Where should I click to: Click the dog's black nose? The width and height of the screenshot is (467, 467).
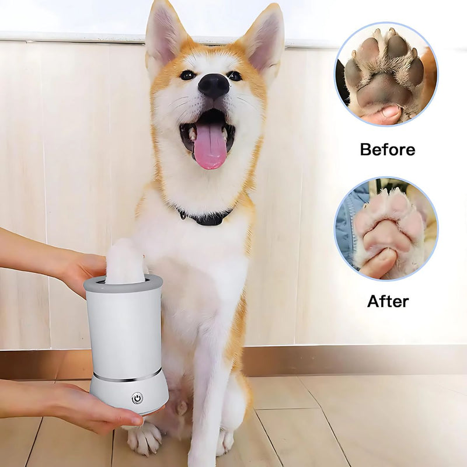point(214,85)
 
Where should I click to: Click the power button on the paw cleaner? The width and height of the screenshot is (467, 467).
point(137,398)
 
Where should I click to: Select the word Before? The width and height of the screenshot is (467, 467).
point(388,149)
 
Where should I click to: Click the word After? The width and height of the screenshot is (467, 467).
point(388,301)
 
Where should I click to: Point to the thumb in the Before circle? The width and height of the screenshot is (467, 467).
point(382,114)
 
